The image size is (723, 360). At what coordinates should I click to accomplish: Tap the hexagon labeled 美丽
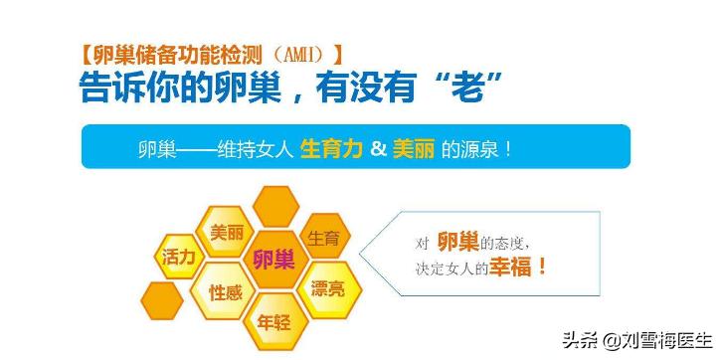226,233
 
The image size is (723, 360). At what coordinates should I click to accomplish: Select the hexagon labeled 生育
323,239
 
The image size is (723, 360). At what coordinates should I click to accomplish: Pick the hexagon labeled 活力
180,256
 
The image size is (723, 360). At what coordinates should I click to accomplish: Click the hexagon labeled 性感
226,292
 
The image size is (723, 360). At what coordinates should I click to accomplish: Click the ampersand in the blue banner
377,149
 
